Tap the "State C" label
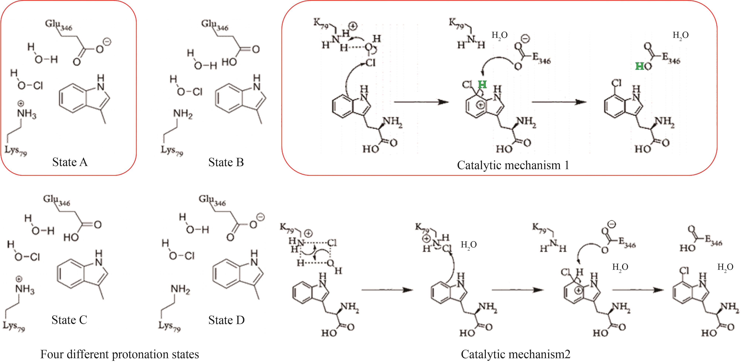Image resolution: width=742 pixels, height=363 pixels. (69, 320)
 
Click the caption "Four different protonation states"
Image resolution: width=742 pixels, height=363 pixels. (120, 354)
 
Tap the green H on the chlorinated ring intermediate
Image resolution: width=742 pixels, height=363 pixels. (482, 85)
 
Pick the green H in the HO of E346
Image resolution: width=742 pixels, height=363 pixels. (639, 66)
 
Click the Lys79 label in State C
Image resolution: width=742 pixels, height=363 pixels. (14, 326)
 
